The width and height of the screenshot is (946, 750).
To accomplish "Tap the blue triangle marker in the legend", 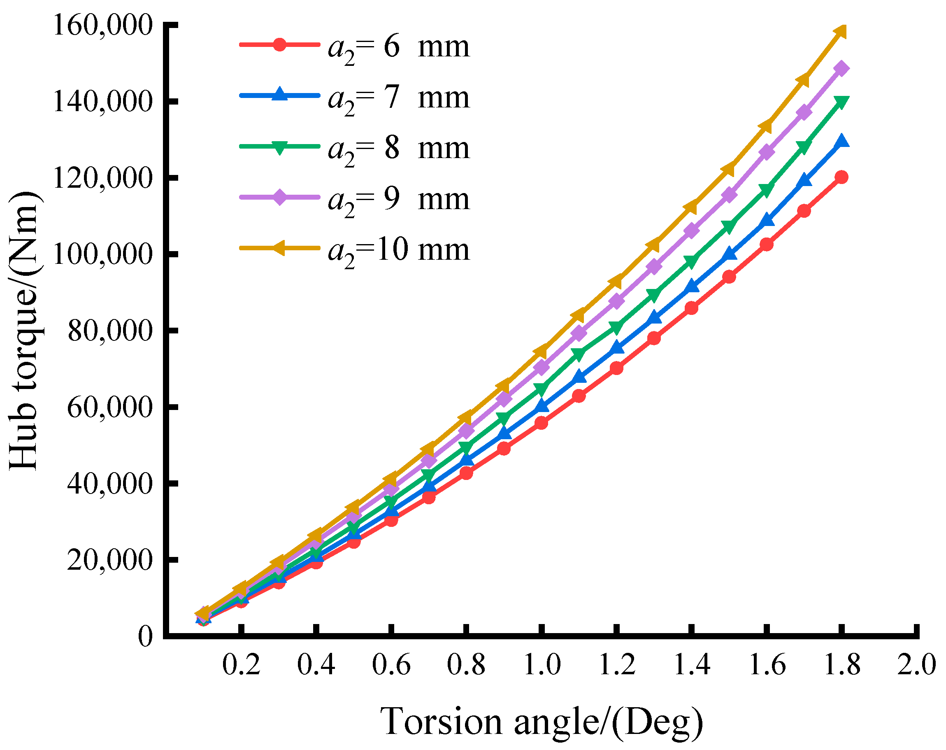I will click(279, 95).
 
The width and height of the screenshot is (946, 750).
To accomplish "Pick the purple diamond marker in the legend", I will click(279, 197).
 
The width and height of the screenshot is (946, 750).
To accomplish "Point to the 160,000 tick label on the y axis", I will click(102, 25).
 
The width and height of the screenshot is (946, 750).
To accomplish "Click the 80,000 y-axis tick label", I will click(110, 331).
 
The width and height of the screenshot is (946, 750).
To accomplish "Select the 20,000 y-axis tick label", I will click(110, 559).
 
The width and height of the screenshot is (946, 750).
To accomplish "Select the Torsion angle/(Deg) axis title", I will click(542, 722).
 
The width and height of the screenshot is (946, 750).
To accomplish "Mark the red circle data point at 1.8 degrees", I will click(841, 177).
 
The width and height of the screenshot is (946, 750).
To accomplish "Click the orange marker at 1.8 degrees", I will click(840, 32).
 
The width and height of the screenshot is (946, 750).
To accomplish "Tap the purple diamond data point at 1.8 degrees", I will click(841, 68).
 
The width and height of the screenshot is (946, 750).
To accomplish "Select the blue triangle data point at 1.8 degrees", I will click(841, 141).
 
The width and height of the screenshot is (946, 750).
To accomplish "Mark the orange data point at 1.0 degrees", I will click(541, 352).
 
